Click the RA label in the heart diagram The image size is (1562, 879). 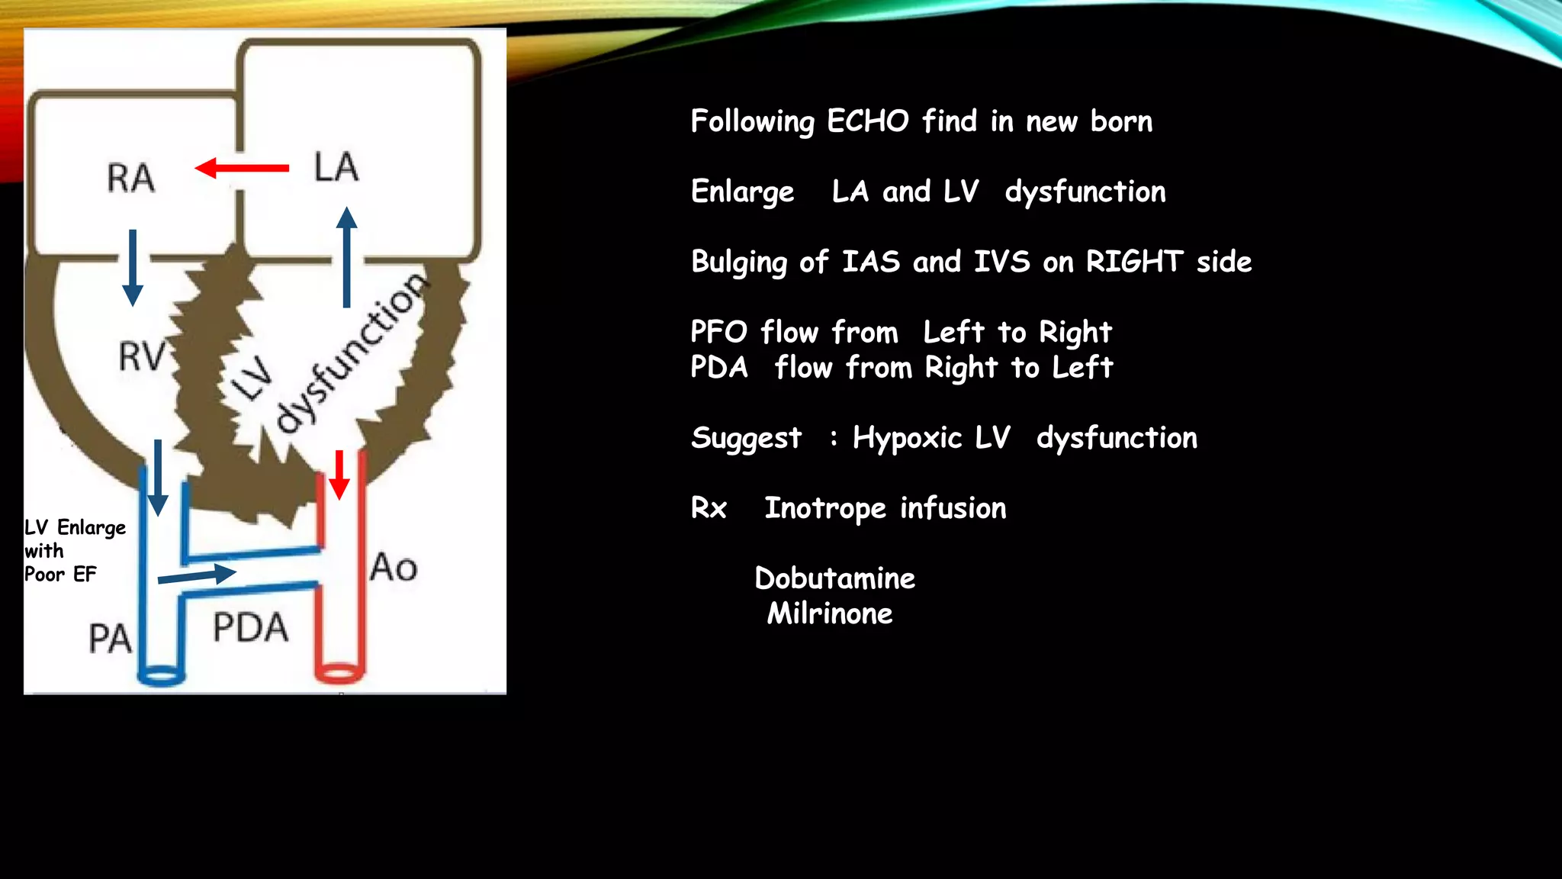click(130, 178)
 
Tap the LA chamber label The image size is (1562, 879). click(336, 166)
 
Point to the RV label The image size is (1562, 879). click(142, 356)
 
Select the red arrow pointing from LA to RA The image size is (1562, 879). click(242, 168)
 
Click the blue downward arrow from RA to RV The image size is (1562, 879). click(133, 267)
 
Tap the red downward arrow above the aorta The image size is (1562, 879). click(339, 475)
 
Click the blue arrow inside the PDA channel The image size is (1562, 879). click(198, 575)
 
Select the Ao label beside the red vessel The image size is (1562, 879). click(394, 568)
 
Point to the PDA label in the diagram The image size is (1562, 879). click(250, 627)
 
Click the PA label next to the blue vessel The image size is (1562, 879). click(110, 638)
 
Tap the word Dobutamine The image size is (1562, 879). click(834, 578)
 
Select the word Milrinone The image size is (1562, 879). click(830, 613)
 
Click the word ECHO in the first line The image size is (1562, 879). click(868, 121)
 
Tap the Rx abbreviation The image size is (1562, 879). click(709, 508)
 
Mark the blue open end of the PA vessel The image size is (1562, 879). click(161, 676)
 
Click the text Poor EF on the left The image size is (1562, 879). click(60, 575)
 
